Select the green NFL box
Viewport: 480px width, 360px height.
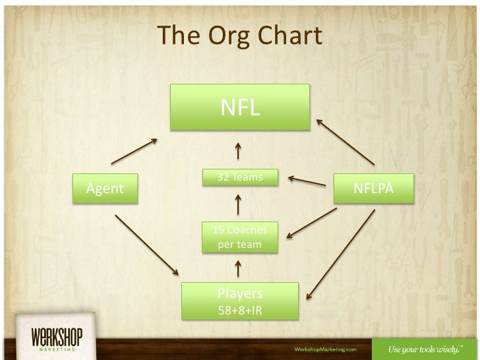(240, 107)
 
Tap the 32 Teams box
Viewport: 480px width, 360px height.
(240, 178)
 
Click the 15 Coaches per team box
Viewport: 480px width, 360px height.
(240, 237)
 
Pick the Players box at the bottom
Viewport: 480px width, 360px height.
(240, 300)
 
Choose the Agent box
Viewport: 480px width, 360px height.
(105, 189)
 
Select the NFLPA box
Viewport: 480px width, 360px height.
(373, 189)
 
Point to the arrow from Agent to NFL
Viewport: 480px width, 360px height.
(135, 152)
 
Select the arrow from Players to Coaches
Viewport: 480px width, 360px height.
(237, 268)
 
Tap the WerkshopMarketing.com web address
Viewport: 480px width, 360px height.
(325, 347)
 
